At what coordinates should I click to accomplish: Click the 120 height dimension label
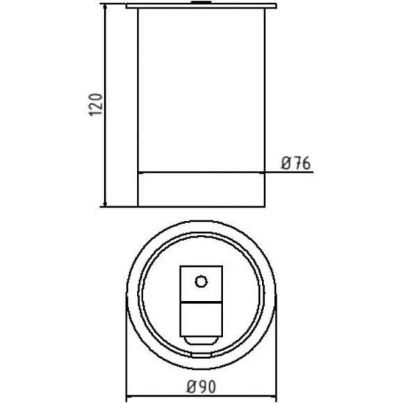pos(96,105)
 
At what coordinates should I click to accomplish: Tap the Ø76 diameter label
pos(296,163)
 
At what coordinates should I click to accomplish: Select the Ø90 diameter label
pos(201,387)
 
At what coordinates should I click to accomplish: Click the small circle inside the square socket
pos(201,281)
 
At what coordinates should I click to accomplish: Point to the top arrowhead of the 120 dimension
pos(105,6)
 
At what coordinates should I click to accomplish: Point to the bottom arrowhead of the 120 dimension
pos(105,204)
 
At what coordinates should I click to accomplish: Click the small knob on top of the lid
pos(201,3)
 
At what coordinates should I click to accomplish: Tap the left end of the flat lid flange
pos(126,6)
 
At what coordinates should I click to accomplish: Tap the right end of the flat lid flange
pos(276,6)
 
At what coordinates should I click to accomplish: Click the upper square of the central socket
pos(201,283)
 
